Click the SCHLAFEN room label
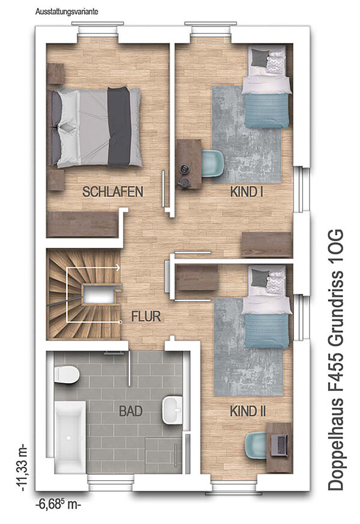coord(113,191)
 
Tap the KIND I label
coord(247,192)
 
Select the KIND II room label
coord(248,411)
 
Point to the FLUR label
coord(146,316)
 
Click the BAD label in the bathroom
coord(131,411)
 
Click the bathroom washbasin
coord(172,409)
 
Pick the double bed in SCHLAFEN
coord(95,127)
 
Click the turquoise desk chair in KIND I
coord(213,162)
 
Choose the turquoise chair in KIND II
coord(256,446)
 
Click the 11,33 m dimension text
coord(23,468)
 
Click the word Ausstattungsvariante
coord(67,12)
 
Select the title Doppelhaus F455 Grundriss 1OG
coord(335,360)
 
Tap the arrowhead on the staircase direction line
coord(118,267)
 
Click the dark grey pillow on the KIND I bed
coord(259,57)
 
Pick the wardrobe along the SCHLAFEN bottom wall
coord(82,224)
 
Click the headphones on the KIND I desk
coord(184,176)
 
